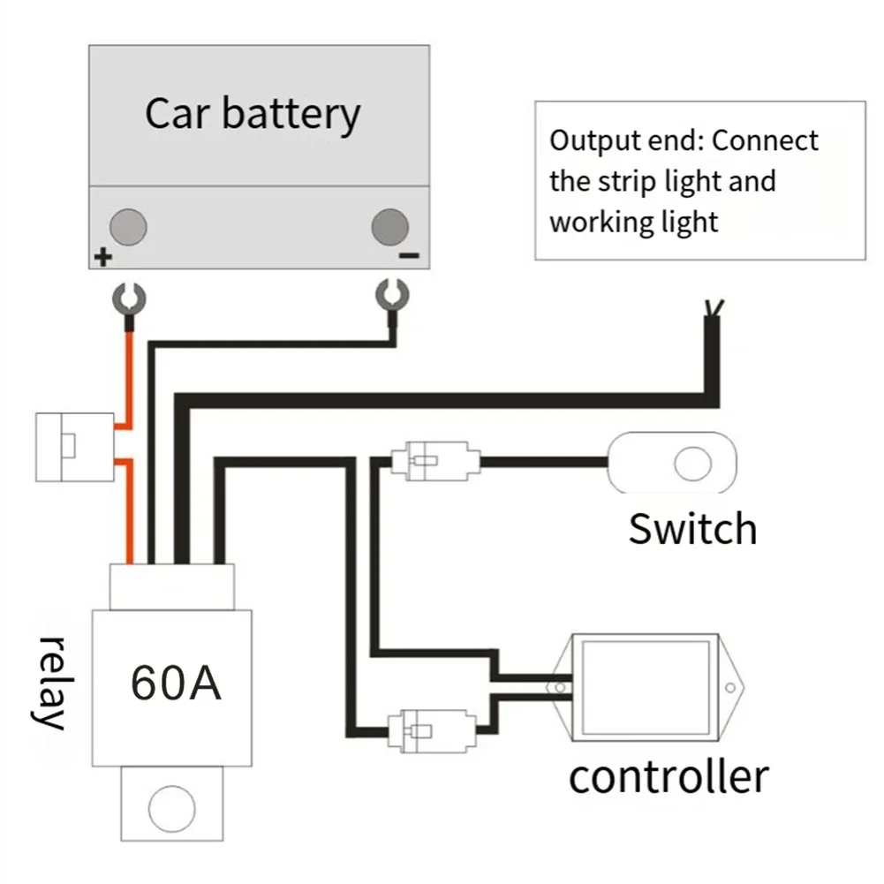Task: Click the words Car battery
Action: (253, 115)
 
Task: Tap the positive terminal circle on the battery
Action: (128, 227)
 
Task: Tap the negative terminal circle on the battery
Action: (390, 227)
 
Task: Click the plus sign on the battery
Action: (103, 257)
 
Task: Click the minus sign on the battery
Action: (409, 256)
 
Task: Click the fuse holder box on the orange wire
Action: (75, 447)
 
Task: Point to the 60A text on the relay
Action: (176, 683)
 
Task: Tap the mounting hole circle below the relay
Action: (172, 808)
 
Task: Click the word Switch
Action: (693, 529)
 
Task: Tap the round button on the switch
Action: (693, 464)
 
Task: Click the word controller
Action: (669, 777)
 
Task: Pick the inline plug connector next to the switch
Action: (435, 461)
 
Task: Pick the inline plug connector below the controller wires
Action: (432, 731)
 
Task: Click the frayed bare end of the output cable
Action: (714, 307)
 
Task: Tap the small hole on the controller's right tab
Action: (730, 687)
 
